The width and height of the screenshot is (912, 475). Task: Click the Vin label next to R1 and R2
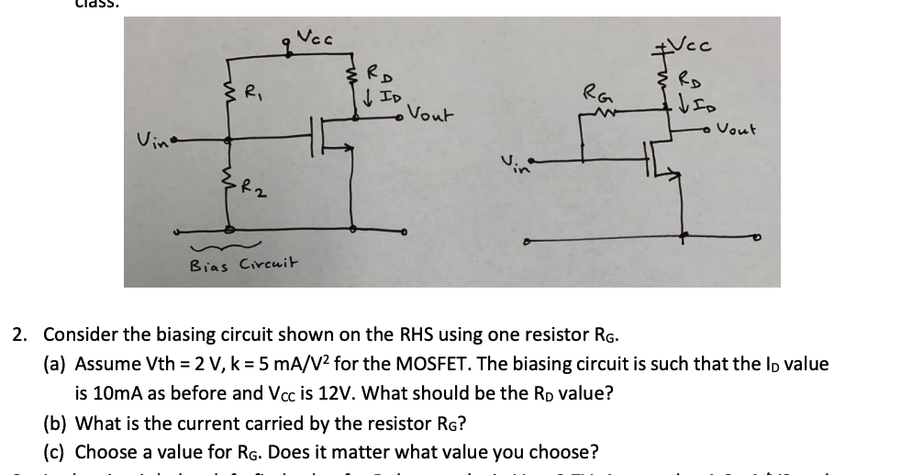[x=150, y=139]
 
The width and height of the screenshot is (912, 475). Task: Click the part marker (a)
[x=56, y=364]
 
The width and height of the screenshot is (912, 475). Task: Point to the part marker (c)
[x=56, y=452]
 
